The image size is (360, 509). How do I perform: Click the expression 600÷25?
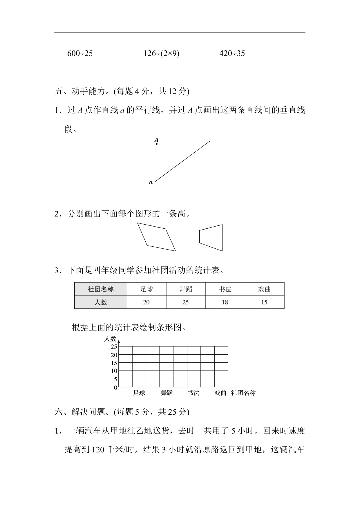[80, 53]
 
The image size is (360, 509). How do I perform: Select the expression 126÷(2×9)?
[161, 53]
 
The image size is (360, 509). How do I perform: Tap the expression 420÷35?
[232, 53]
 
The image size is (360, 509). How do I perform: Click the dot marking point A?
[157, 144]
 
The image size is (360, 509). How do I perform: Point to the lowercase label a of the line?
[151, 183]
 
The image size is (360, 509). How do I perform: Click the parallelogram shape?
[157, 237]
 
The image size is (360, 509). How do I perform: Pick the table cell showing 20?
[146, 302]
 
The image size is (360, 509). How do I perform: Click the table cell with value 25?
[186, 302]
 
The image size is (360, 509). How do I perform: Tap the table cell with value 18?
[225, 302]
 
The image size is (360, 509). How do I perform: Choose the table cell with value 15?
[264, 302]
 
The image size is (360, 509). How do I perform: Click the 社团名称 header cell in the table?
[100, 289]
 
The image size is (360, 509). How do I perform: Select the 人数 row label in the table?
[100, 302]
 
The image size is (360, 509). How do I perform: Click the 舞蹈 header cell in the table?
[186, 289]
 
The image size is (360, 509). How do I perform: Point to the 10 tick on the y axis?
[114, 371]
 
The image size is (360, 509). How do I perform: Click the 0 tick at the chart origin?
[115, 387]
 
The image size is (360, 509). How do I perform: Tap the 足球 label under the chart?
[139, 393]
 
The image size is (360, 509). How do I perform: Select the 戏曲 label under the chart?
[220, 393]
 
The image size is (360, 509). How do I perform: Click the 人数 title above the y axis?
[110, 339]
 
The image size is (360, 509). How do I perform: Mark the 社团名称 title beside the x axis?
[243, 393]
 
